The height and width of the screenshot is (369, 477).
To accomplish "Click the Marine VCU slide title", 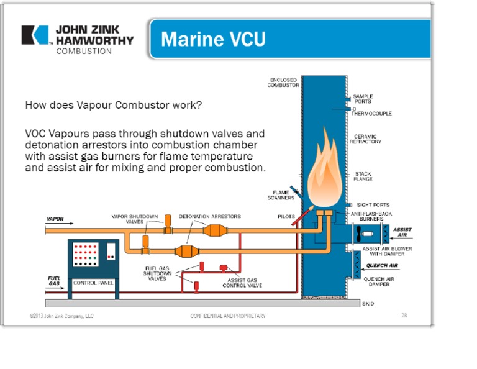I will (x=213, y=39).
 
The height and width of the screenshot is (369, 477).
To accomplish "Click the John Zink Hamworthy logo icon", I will (x=35, y=35).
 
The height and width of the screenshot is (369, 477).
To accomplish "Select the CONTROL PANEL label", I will (x=93, y=283).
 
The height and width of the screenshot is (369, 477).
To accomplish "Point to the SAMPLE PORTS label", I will (x=363, y=99).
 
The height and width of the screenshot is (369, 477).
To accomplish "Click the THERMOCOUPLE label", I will (x=371, y=114).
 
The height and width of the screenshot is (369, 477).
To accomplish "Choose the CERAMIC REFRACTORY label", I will (x=367, y=139).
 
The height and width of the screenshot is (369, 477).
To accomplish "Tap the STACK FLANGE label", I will (x=363, y=176).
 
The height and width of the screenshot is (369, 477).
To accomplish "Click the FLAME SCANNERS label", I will (x=283, y=195).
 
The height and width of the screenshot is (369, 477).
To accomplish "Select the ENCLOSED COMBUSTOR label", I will (x=283, y=83).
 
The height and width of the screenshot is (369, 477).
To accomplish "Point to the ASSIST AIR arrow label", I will (x=402, y=233).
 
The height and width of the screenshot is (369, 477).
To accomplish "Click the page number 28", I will (x=404, y=316).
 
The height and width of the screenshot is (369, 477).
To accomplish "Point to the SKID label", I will (x=369, y=304).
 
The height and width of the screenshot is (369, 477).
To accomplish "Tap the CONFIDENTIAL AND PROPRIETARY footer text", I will (x=227, y=316).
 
